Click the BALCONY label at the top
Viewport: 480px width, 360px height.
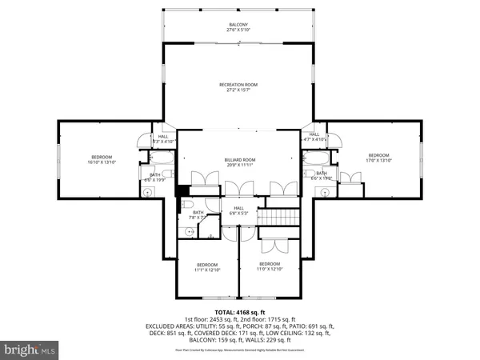[x=238, y=25]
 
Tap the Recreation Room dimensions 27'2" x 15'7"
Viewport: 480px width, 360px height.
[x=238, y=90]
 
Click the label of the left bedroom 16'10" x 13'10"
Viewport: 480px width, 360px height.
[x=102, y=157]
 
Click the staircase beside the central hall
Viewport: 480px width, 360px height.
[x=282, y=216]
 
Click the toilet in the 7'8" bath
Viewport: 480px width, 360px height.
[x=190, y=232]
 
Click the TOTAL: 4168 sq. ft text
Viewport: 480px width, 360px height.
[x=239, y=311]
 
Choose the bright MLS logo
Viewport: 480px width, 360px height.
[x=30, y=350]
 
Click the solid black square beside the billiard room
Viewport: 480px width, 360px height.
[x=181, y=190]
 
